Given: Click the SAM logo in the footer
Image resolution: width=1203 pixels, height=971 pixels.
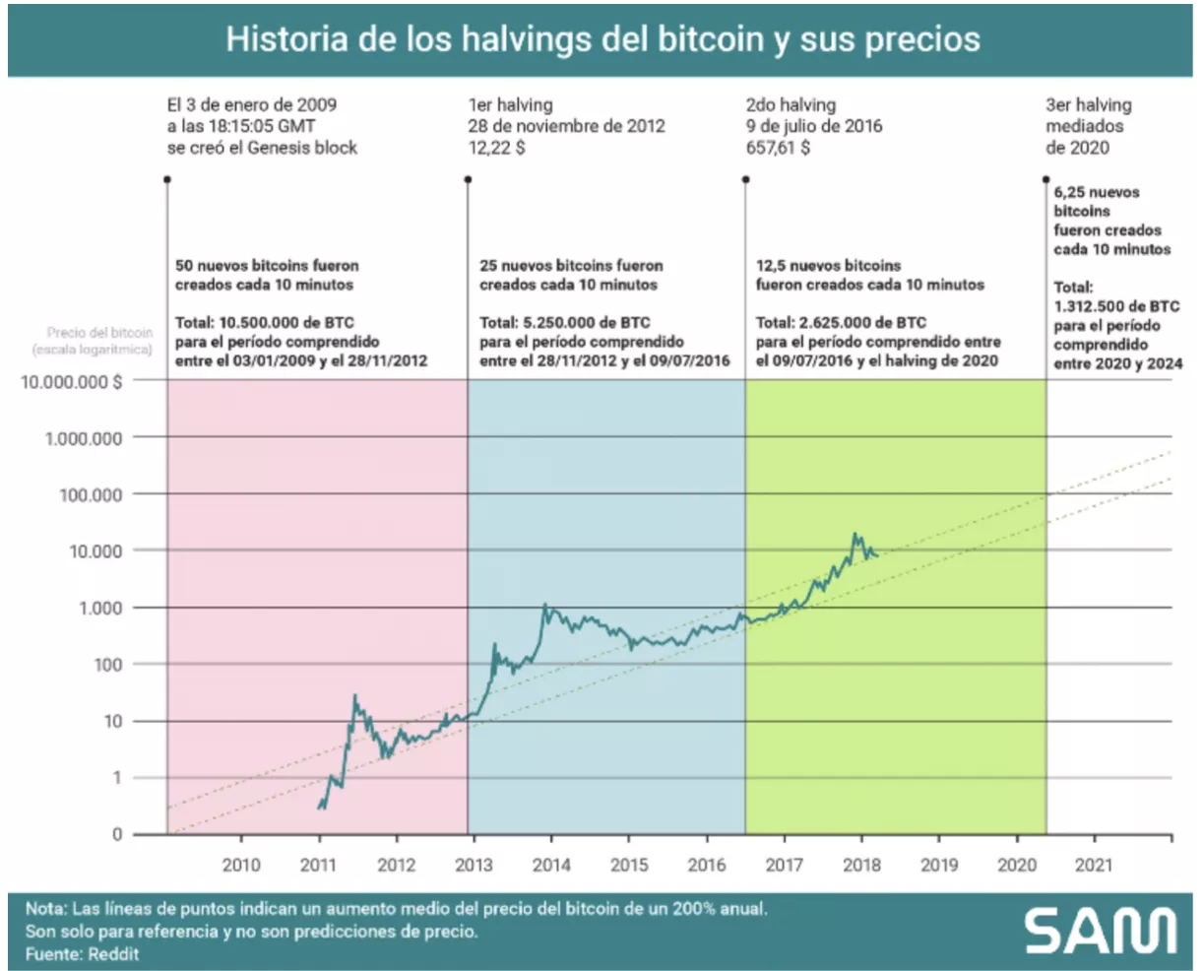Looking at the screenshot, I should coord(1100,931).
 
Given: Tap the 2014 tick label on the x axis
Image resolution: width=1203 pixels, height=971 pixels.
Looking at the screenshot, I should coord(551,865).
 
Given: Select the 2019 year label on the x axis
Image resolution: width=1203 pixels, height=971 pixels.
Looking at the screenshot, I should coord(938,865).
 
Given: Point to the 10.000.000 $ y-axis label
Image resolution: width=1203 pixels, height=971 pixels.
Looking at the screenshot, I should coord(72,381).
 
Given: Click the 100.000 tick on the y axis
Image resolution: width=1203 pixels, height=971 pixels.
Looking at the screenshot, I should coord(91,494).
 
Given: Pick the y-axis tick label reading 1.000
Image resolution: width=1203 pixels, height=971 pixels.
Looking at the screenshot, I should coord(100,609).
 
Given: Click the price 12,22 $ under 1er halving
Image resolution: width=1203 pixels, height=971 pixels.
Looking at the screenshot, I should coord(496,148).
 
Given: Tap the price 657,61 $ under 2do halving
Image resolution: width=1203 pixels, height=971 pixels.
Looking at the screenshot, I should coord(778,148).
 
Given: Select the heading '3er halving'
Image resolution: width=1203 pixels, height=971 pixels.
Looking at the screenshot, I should coord(1089,104).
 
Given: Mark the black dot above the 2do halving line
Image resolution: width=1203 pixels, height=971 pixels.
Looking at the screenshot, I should coord(746,179).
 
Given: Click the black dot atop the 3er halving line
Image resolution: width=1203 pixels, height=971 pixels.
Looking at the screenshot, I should coord(1046,179).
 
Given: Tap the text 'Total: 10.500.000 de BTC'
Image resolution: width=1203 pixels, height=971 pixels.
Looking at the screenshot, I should coord(265,323).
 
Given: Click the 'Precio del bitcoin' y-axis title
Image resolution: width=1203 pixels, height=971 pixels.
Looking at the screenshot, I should coord(99,333).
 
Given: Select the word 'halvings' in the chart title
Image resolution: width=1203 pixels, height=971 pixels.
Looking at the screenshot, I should coord(542,39).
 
